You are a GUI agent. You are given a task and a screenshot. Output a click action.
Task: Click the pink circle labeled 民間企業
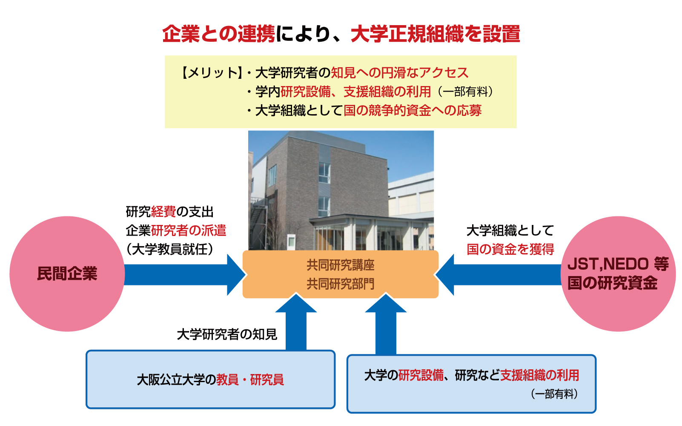[x=67, y=273]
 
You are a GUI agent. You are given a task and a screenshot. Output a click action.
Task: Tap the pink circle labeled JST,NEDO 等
[x=618, y=273]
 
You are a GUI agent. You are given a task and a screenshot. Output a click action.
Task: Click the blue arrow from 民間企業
[x=184, y=274]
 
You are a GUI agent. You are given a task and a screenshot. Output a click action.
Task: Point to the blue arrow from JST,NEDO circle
[x=499, y=274]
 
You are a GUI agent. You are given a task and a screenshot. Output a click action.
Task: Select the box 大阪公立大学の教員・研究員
[x=211, y=380]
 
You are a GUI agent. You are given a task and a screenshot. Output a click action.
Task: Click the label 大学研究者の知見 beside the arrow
[x=227, y=334]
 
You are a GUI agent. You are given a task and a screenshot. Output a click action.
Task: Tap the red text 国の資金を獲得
[x=510, y=249]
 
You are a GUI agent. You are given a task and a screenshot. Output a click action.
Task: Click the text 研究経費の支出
[x=169, y=211]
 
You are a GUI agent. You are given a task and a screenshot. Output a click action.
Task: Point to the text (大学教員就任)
[x=169, y=249]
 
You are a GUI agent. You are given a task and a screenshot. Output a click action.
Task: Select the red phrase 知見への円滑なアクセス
[x=399, y=72]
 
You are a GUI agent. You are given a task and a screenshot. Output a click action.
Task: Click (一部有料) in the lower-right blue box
[x=554, y=394]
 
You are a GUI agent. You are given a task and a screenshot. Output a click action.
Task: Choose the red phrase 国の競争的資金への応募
[x=413, y=110]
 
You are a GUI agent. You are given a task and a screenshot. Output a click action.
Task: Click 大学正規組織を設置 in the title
[x=436, y=34]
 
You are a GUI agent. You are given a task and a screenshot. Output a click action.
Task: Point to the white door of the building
[x=291, y=242]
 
